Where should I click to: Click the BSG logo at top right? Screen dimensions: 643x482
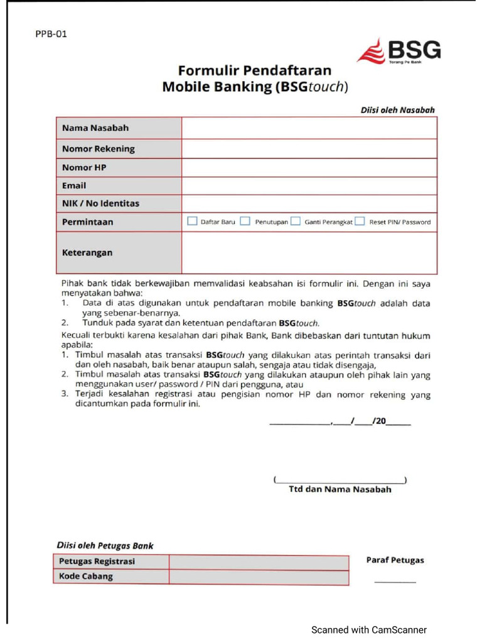pyautogui.click(x=399, y=51)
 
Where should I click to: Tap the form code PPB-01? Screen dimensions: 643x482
pyautogui.click(x=51, y=34)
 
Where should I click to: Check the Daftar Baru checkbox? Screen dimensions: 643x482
pyautogui.click(x=193, y=221)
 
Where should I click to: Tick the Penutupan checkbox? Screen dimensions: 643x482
pyautogui.click(x=245, y=221)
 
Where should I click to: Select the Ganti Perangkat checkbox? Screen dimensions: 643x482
pyautogui.click(x=295, y=221)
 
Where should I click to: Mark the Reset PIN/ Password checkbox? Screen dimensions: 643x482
pyautogui.click(x=360, y=221)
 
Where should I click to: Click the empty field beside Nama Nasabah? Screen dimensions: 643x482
pyautogui.click(x=309, y=128)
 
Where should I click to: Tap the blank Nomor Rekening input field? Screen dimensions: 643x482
pyautogui.click(x=309, y=149)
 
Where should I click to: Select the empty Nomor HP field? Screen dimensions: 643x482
pyautogui.click(x=309, y=168)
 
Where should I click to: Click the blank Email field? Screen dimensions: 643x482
pyautogui.click(x=309, y=186)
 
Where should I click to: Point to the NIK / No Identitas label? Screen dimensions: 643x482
pyautogui.click(x=100, y=203)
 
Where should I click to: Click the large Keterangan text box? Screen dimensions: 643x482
pyautogui.click(x=309, y=252)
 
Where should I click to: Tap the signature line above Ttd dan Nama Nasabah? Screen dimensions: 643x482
pyautogui.click(x=340, y=480)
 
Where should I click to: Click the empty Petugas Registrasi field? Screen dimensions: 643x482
pyautogui.click(x=259, y=561)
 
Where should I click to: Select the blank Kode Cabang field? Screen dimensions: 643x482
pyautogui.click(x=259, y=577)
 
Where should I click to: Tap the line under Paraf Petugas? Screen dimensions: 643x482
pyautogui.click(x=395, y=581)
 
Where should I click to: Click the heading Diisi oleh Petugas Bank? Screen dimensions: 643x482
pyautogui.click(x=105, y=546)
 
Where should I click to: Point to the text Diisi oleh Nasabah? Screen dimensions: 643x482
pyautogui.click(x=397, y=110)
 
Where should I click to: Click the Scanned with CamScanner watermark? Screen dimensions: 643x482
pyautogui.click(x=369, y=630)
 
